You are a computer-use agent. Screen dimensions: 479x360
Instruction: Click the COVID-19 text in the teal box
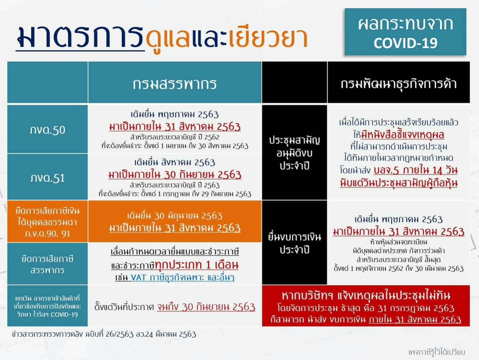(x=405, y=43)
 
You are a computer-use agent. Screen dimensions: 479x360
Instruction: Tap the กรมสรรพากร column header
(x=174, y=84)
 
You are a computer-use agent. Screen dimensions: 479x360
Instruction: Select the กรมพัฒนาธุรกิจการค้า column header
(x=399, y=84)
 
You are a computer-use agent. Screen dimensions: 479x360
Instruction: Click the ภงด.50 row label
(x=48, y=130)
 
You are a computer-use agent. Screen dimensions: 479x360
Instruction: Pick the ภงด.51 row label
(x=48, y=178)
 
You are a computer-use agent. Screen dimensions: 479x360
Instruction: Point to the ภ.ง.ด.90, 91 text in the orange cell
(x=47, y=234)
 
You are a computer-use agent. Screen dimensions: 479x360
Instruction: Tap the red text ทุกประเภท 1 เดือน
(x=197, y=265)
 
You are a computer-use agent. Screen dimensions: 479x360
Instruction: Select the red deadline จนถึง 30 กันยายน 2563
(x=206, y=307)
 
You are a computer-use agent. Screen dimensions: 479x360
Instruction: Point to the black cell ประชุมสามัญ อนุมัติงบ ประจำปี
(x=294, y=153)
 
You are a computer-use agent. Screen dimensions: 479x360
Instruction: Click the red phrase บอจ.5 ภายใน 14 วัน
(x=415, y=170)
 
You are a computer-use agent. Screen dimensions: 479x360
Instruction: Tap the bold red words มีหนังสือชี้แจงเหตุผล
(x=402, y=135)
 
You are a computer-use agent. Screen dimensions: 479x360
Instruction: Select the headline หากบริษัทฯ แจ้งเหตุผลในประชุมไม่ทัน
(x=366, y=296)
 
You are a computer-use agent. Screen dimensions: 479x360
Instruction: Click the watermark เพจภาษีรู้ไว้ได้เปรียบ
(x=437, y=352)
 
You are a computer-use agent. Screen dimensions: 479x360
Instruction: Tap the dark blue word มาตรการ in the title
(x=80, y=36)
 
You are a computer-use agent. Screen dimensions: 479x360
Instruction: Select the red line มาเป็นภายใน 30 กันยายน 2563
(x=175, y=175)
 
